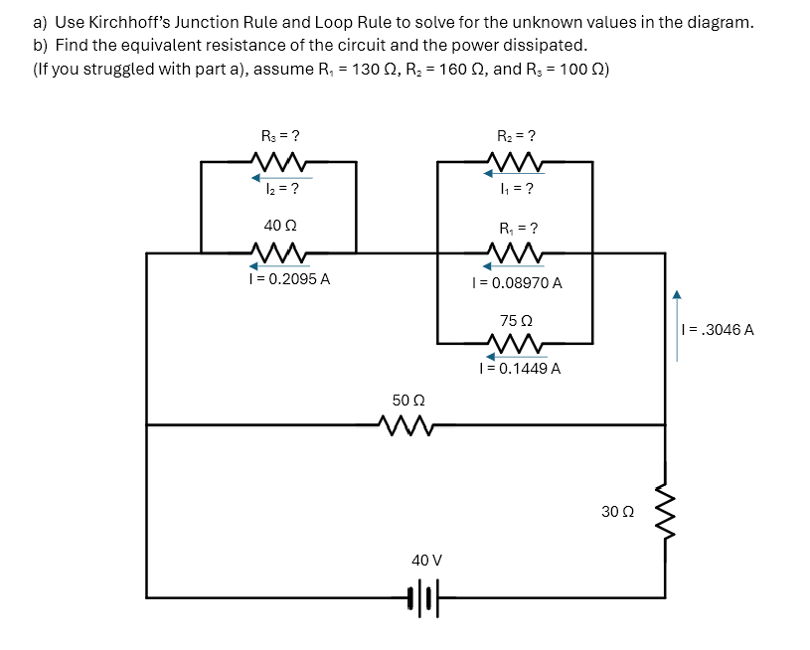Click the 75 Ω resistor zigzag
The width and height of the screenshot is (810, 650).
pos(516,344)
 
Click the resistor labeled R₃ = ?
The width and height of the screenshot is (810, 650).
pos(279,161)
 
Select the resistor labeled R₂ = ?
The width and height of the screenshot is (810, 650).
pos(516,161)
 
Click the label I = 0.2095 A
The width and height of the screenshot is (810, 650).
pos(289,279)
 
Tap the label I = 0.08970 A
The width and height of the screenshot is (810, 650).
pos(517,283)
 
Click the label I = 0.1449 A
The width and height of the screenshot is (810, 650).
pos(519,369)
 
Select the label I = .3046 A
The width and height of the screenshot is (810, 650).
pos(717,329)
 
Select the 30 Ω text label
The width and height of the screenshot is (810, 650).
pos(617,511)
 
